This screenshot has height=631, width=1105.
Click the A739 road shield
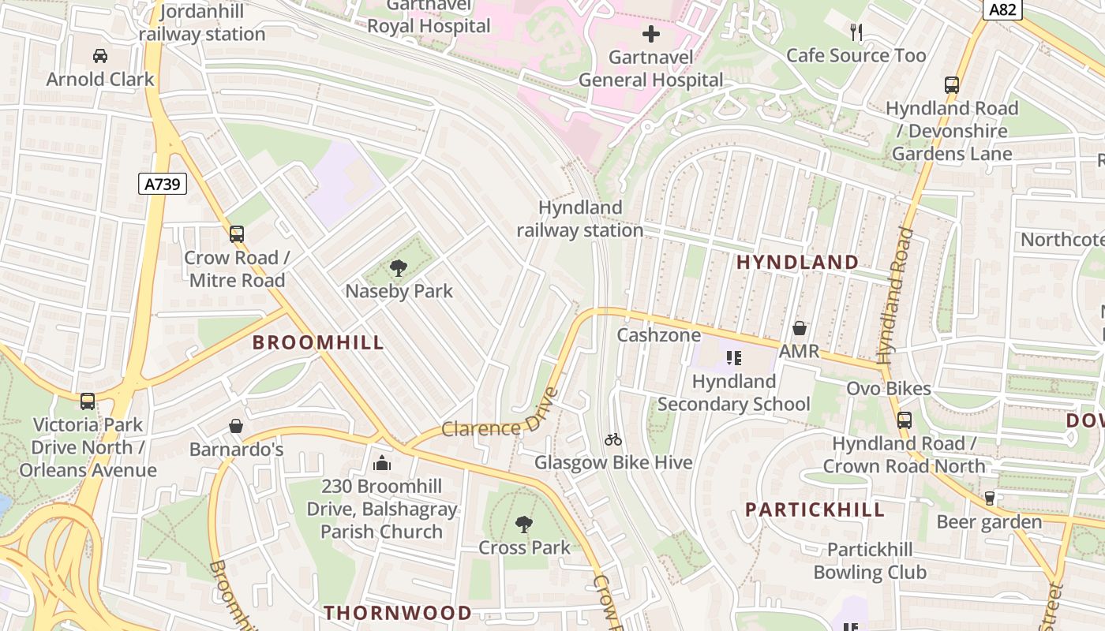(163, 185)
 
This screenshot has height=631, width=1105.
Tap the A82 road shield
(1002, 9)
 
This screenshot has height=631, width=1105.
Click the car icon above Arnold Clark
(100, 56)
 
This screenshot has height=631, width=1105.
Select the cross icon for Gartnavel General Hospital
(651, 34)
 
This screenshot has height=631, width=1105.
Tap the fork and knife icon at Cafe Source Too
(856, 32)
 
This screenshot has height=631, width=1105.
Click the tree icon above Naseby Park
(399, 268)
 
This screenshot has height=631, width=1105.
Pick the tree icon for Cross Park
(524, 525)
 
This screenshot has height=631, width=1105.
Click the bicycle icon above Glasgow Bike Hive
(613, 439)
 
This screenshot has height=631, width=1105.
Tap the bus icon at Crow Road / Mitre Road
(237, 234)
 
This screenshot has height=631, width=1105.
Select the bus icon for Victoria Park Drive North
(88, 401)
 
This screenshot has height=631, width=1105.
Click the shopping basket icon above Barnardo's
(236, 427)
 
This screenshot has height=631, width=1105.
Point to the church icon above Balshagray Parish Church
(383, 462)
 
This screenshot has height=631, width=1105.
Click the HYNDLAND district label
(797, 263)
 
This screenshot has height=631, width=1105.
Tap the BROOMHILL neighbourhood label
(318, 342)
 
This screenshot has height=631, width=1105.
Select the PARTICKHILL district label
(815, 510)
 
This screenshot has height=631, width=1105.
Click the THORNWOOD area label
(398, 613)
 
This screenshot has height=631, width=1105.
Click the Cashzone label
(658, 335)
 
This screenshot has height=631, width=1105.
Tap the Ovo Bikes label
(888, 389)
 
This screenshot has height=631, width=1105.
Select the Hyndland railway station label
(579, 218)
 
